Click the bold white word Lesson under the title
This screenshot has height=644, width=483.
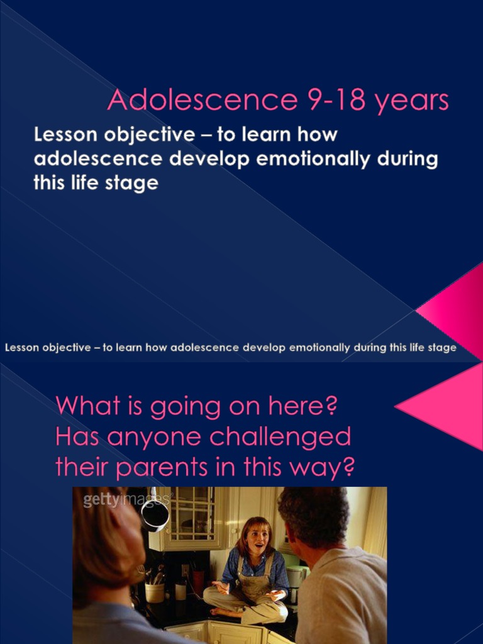coord(65,135)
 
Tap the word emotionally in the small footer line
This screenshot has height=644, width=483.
coord(318,347)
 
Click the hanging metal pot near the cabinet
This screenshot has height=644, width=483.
coord(154,513)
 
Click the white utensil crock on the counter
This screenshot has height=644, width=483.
coord(154,591)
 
